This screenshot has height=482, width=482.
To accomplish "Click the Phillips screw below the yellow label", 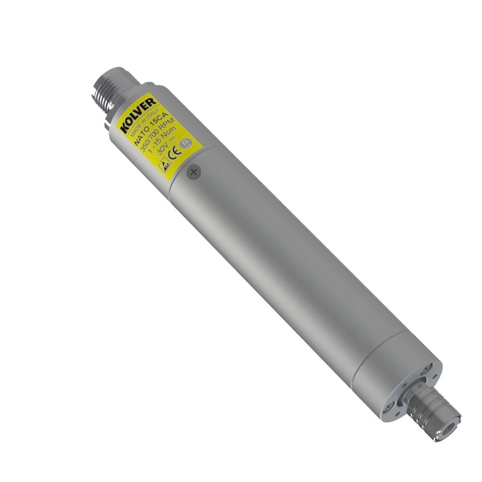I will click(x=193, y=173).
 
